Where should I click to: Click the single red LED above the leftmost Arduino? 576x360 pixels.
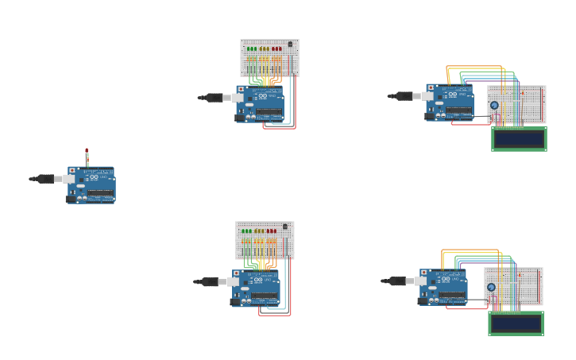87,150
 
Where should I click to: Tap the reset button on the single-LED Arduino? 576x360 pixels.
72,171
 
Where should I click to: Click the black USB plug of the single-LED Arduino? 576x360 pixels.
45,179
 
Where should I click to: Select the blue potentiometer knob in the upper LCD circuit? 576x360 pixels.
494,105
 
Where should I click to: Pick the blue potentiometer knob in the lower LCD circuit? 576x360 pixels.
491,287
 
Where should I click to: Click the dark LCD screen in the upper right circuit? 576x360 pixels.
519,138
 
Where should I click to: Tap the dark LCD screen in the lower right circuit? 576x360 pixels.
516,323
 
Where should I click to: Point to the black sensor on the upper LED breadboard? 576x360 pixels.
290,44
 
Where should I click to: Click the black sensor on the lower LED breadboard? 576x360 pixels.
285,226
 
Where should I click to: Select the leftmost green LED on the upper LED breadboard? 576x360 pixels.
249,48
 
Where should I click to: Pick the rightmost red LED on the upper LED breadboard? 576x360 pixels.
280,48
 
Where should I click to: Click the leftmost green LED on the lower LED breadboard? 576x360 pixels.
244,230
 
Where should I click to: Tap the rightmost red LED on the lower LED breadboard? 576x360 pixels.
275,230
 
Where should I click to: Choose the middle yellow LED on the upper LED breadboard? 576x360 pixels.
265,48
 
